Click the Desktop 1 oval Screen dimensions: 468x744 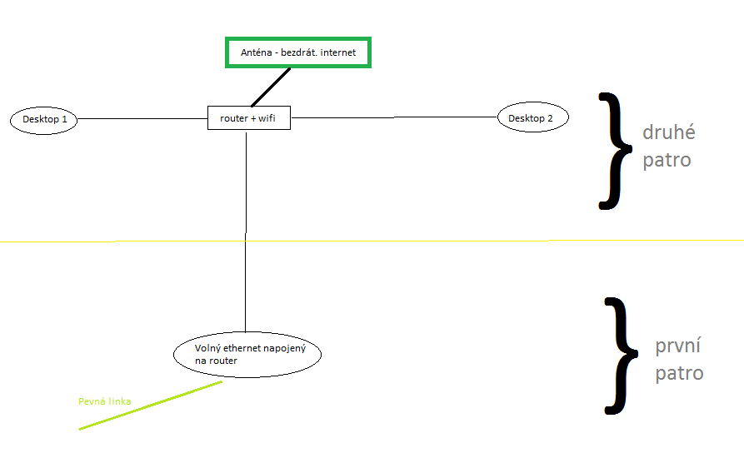(x=44, y=120)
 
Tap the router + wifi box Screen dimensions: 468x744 (x=248, y=119)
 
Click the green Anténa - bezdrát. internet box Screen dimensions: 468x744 (x=297, y=52)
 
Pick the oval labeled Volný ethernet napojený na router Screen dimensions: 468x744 (x=247, y=355)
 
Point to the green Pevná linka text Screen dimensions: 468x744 (x=104, y=401)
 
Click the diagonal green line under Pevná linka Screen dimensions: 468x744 (x=150, y=406)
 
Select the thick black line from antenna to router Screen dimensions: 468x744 (x=270, y=87)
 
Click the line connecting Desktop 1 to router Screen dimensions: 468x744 (x=142, y=119)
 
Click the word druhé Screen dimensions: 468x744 (x=668, y=133)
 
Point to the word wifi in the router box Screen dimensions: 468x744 (x=267, y=119)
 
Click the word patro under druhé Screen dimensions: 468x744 (x=667, y=159)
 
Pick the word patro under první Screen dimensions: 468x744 (x=679, y=373)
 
